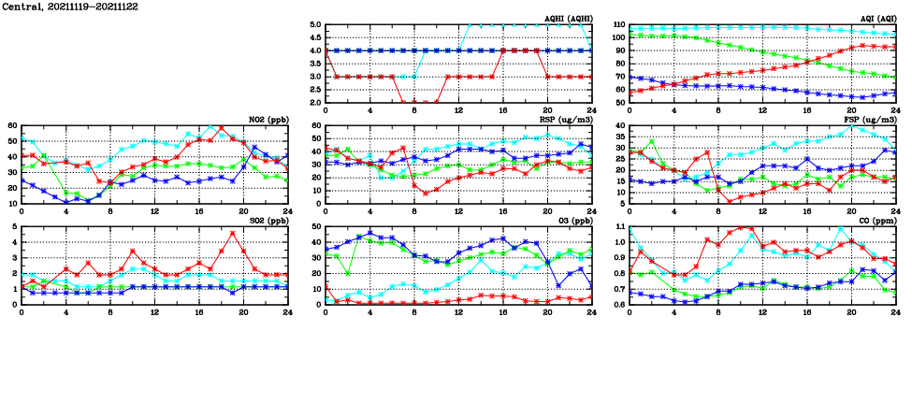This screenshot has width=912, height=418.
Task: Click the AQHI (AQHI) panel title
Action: click(x=568, y=19)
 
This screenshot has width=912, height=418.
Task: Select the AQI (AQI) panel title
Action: click(x=876, y=19)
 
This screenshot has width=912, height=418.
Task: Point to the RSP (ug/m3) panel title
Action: click(x=566, y=120)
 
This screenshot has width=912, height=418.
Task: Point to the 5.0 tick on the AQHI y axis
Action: click(x=315, y=26)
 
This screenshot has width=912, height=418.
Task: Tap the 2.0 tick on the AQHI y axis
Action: click(x=315, y=103)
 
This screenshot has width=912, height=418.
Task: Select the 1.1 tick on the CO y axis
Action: click(x=619, y=227)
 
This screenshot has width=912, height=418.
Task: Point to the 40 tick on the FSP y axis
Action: click(x=619, y=126)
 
